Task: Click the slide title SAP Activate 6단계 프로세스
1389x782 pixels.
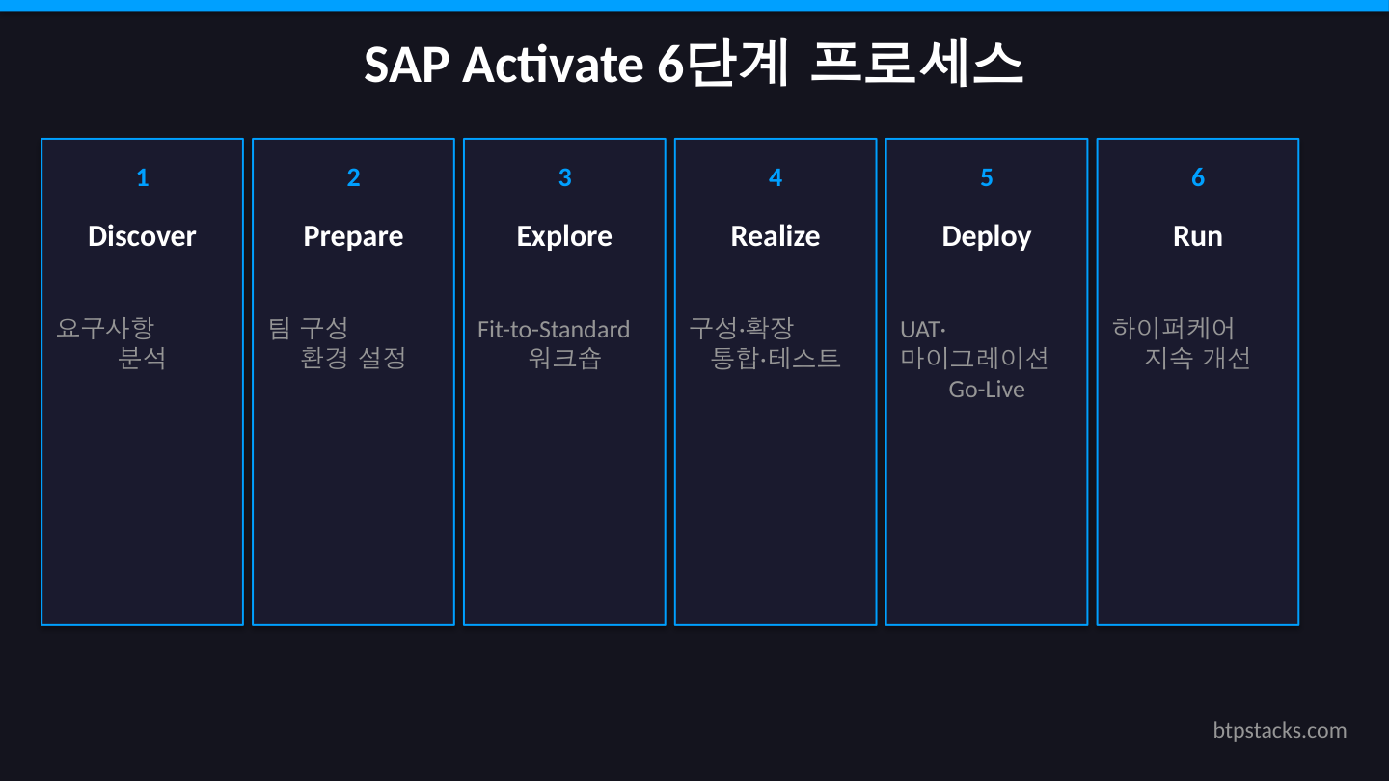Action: (x=694, y=65)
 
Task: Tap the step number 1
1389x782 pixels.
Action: (x=143, y=177)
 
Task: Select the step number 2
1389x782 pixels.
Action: (x=353, y=177)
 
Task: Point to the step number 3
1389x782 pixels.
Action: (x=564, y=177)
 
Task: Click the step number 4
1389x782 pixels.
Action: (x=776, y=177)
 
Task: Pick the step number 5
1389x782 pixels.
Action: (x=986, y=177)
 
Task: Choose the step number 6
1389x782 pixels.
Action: (x=1197, y=177)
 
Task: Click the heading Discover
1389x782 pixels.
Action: (x=142, y=236)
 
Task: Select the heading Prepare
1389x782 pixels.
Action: (x=353, y=236)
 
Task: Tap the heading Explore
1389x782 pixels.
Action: (x=564, y=236)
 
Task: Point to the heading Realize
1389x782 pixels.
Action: (x=776, y=236)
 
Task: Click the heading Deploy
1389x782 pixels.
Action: (x=986, y=236)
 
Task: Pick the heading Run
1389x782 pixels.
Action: (x=1197, y=236)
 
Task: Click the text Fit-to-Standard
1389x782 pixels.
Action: (x=554, y=330)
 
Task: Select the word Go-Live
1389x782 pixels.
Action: (x=986, y=390)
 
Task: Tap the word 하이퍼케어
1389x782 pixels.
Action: (x=1173, y=329)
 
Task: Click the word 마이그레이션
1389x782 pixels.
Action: (x=974, y=359)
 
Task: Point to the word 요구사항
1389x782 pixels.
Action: (x=105, y=329)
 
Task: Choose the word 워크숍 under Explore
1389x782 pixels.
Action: (x=564, y=359)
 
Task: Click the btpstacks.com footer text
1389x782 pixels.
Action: (x=1279, y=730)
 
